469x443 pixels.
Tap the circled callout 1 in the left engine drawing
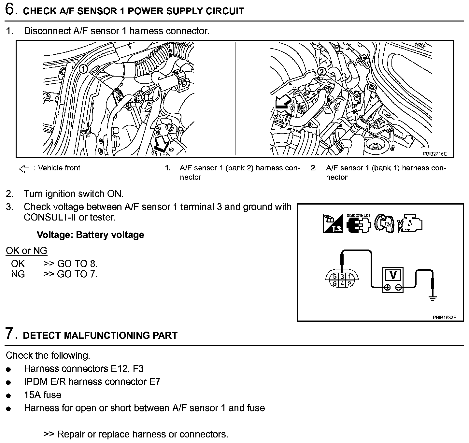[83, 69]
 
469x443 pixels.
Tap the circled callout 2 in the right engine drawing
[321, 72]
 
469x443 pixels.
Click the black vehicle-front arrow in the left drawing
[162, 143]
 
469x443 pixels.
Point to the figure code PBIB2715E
[434, 153]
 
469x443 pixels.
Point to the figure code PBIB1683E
[444, 317]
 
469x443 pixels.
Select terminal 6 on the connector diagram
[335, 284]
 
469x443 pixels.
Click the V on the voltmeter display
[393, 276]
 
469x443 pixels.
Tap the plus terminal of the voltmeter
[387, 288]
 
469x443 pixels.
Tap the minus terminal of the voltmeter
[399, 288]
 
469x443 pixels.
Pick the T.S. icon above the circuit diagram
[333, 223]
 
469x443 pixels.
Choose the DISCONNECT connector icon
[359, 223]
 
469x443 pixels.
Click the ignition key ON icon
[384, 223]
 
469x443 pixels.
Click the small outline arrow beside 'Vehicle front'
[24, 169]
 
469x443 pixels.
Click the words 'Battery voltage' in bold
[110, 235]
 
